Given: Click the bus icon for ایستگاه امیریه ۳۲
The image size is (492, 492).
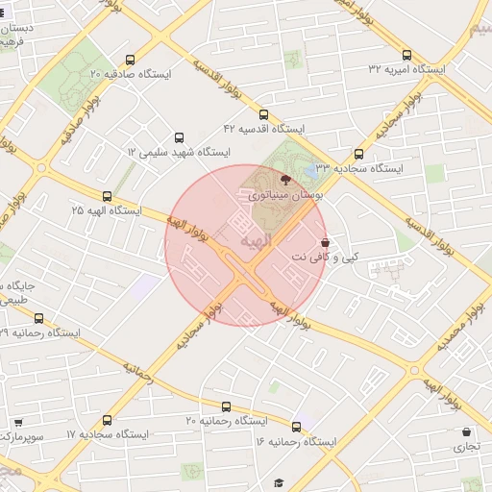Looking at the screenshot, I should [x=406, y=56].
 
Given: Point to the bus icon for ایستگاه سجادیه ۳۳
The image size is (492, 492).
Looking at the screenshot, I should [x=359, y=154].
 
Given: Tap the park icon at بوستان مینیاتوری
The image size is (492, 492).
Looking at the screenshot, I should [x=284, y=179].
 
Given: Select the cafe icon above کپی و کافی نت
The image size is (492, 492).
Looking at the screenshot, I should [x=325, y=242].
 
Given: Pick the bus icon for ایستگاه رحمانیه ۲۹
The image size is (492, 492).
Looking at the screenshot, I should [x=38, y=318].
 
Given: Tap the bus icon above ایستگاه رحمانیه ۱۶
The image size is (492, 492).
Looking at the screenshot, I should [x=296, y=427].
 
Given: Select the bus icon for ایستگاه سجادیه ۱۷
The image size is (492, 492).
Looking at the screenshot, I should [x=106, y=420].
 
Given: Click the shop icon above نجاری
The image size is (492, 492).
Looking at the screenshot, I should [x=467, y=432].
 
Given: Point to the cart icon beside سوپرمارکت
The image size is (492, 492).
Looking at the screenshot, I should [x=18, y=422].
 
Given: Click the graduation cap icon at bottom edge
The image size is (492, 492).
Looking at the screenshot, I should [x=279, y=482].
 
